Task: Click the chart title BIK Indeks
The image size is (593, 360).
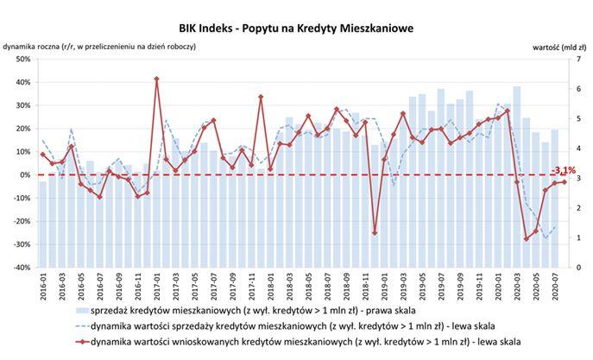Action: pyautogui.click(x=297, y=28)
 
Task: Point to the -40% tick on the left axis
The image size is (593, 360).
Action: pyautogui.click(x=22, y=268)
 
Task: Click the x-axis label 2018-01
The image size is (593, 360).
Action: pyautogui.click(x=270, y=287)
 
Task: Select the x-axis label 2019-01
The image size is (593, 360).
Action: pyautogui.click(x=384, y=287)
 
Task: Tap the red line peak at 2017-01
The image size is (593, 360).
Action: pyautogui.click(x=157, y=79)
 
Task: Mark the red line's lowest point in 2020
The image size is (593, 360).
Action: pyautogui.click(x=527, y=238)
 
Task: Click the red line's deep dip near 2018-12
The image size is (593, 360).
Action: pyautogui.click(x=375, y=232)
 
